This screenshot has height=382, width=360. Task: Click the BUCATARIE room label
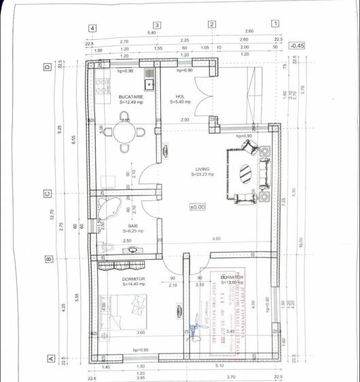tap(129, 97)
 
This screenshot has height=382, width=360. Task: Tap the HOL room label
tap(180, 97)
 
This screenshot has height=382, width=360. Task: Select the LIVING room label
tap(202, 170)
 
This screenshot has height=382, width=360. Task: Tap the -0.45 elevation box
tap(297, 45)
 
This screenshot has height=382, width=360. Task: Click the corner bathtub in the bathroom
tap(111, 206)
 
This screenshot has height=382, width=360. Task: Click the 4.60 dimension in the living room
tap(216, 239)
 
